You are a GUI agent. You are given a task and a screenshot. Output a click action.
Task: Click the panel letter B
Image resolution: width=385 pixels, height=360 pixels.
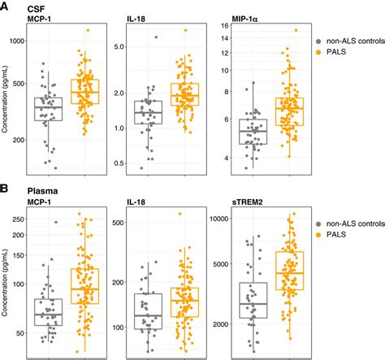[5, 189]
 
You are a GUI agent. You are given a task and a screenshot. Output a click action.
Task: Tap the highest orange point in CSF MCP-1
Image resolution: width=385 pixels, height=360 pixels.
[89, 30]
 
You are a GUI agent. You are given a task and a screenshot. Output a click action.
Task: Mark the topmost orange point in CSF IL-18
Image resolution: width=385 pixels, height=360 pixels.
[185, 30]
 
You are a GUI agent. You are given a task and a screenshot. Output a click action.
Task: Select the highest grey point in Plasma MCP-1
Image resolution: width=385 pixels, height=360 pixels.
[56, 222]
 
